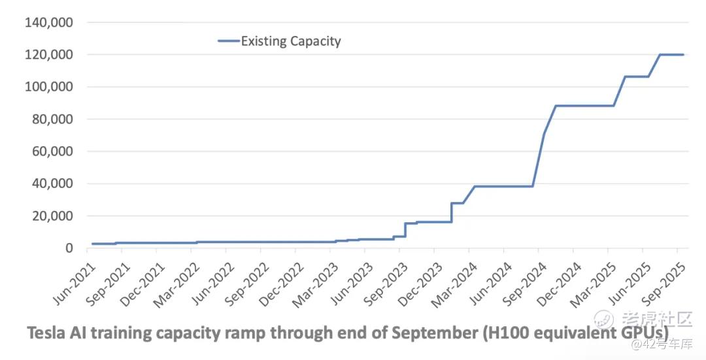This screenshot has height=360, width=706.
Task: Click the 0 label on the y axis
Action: click(x=68, y=248)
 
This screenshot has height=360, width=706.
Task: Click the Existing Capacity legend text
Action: click(x=291, y=41)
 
